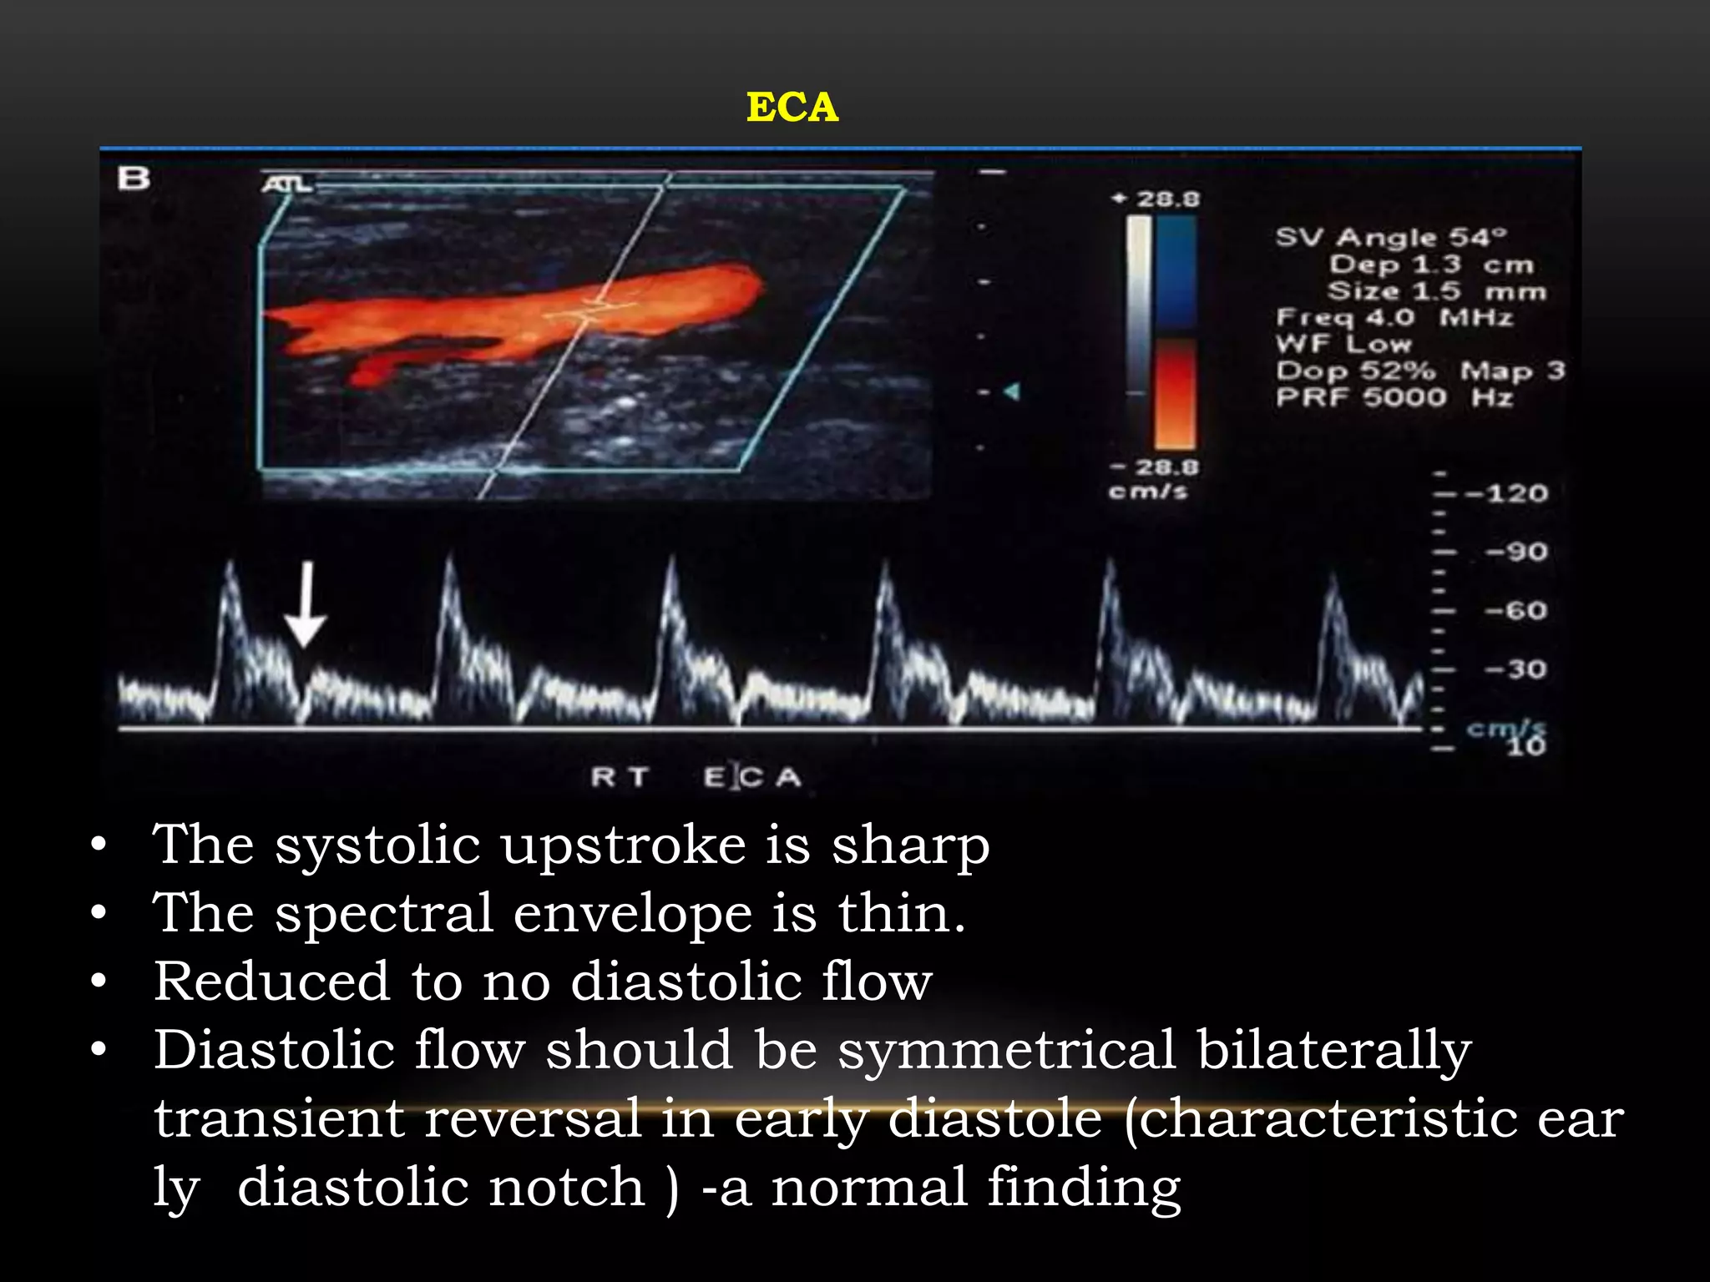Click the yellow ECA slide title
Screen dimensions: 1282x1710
click(x=792, y=107)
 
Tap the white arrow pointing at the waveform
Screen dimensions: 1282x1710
click(x=306, y=604)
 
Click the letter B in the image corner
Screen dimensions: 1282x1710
click(x=134, y=178)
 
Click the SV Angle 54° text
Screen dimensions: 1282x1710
click(x=1391, y=237)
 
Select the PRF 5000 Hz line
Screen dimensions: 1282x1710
click(x=1394, y=397)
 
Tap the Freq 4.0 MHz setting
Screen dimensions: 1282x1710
click(x=1394, y=317)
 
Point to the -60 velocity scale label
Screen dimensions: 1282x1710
click(x=1515, y=611)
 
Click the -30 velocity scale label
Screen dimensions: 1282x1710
click(x=1515, y=669)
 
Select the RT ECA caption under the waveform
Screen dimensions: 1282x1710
click(x=696, y=778)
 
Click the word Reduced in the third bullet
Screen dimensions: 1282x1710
click(x=271, y=982)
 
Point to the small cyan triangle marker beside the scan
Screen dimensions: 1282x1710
click(x=1012, y=391)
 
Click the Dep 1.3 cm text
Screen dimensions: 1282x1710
click(x=1431, y=265)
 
